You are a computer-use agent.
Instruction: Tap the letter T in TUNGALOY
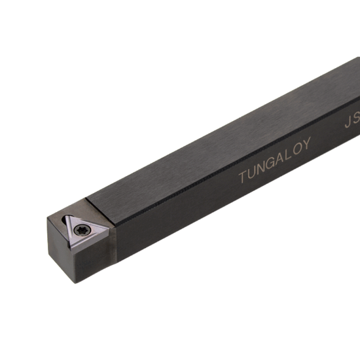[243, 177]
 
